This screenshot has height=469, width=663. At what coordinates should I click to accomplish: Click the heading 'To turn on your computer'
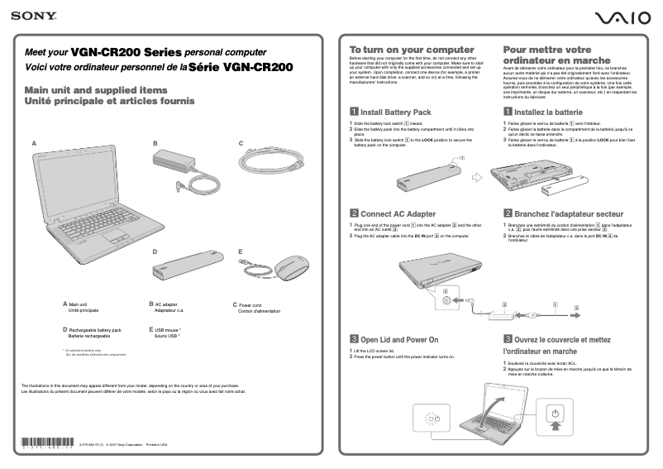pyautogui.click(x=411, y=50)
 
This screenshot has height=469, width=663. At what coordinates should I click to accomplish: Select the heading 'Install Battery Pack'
pyautogui.click(x=395, y=112)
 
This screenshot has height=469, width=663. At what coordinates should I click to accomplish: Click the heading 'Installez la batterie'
pyautogui.click(x=547, y=112)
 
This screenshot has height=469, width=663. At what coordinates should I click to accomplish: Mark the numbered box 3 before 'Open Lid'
pyautogui.click(x=354, y=339)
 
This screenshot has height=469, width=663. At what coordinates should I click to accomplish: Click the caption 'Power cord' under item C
pyautogui.click(x=250, y=304)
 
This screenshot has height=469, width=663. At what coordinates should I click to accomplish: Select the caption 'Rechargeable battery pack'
pyautogui.click(x=94, y=330)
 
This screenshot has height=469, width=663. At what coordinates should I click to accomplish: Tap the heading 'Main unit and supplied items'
pyautogui.click(x=96, y=89)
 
